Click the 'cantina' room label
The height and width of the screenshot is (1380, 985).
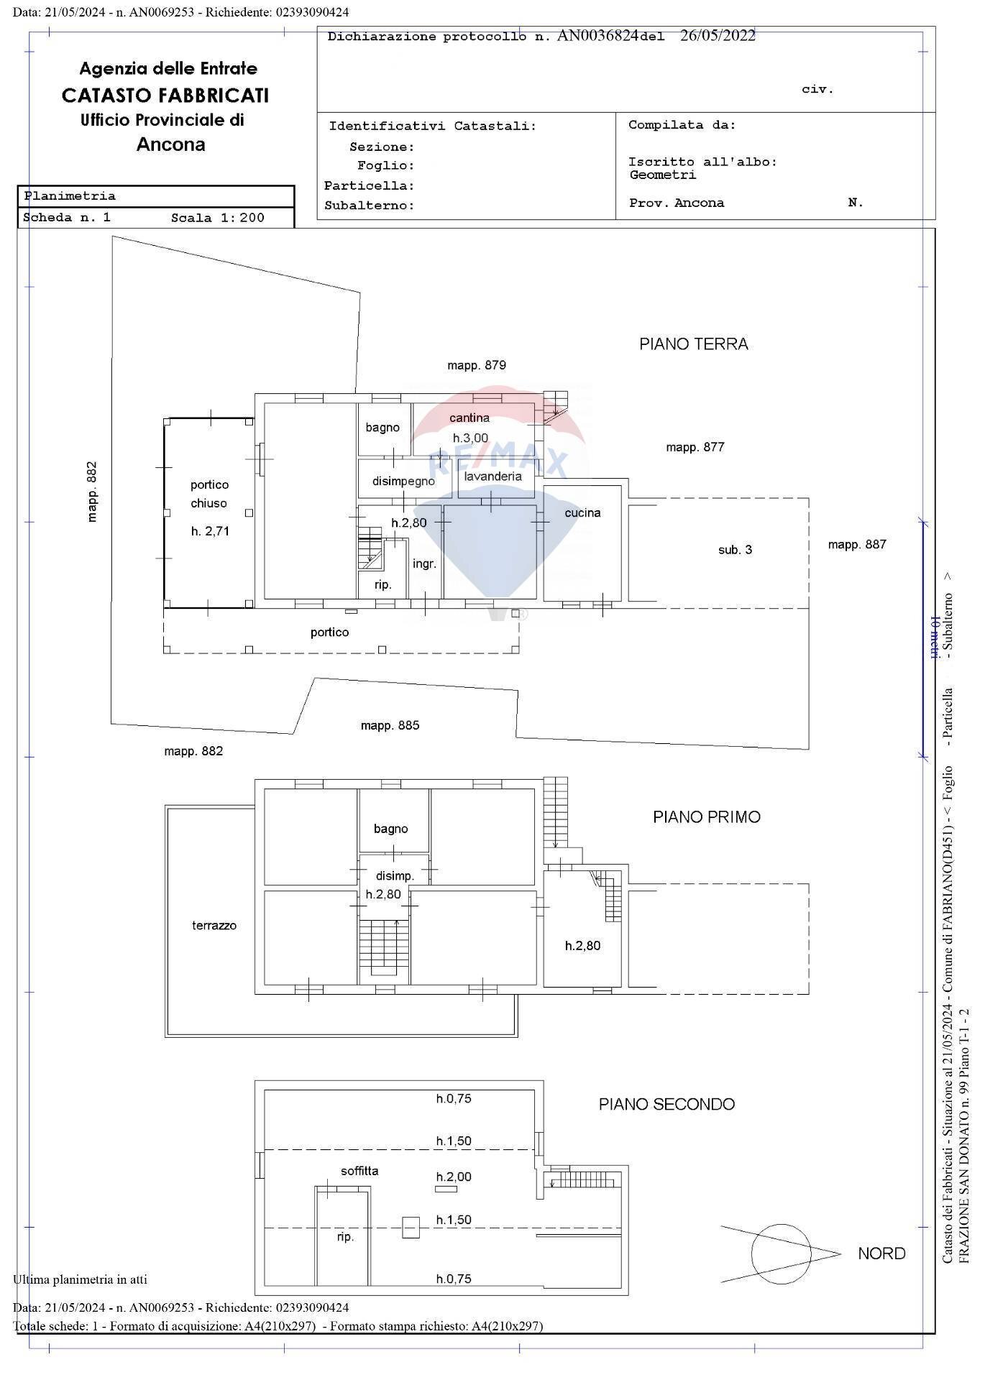(469, 418)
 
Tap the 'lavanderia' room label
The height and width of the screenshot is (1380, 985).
(492, 476)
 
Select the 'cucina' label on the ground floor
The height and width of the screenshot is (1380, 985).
(582, 512)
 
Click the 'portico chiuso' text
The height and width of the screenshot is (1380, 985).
(209, 494)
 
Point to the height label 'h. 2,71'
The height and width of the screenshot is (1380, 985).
(210, 531)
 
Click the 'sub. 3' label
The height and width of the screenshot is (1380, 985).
(735, 550)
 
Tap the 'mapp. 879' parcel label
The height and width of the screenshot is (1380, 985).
(477, 365)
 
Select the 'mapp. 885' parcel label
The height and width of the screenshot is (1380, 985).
(390, 725)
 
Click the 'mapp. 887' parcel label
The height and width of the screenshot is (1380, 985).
(857, 544)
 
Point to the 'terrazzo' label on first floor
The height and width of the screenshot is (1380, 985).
(214, 925)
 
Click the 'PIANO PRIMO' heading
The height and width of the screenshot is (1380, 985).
(706, 816)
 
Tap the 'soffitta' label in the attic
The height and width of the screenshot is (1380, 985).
(359, 1171)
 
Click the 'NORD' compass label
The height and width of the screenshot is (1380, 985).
(881, 1253)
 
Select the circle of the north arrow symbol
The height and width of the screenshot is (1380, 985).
(782, 1253)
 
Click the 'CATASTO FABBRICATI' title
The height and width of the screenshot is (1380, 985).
(165, 95)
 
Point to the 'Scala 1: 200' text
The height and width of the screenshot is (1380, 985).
(217, 218)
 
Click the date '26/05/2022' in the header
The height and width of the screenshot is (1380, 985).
(718, 36)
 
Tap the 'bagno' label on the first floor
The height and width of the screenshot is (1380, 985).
(390, 829)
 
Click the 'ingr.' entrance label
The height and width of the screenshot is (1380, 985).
(424, 563)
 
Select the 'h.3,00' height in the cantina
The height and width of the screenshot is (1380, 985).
(470, 438)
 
